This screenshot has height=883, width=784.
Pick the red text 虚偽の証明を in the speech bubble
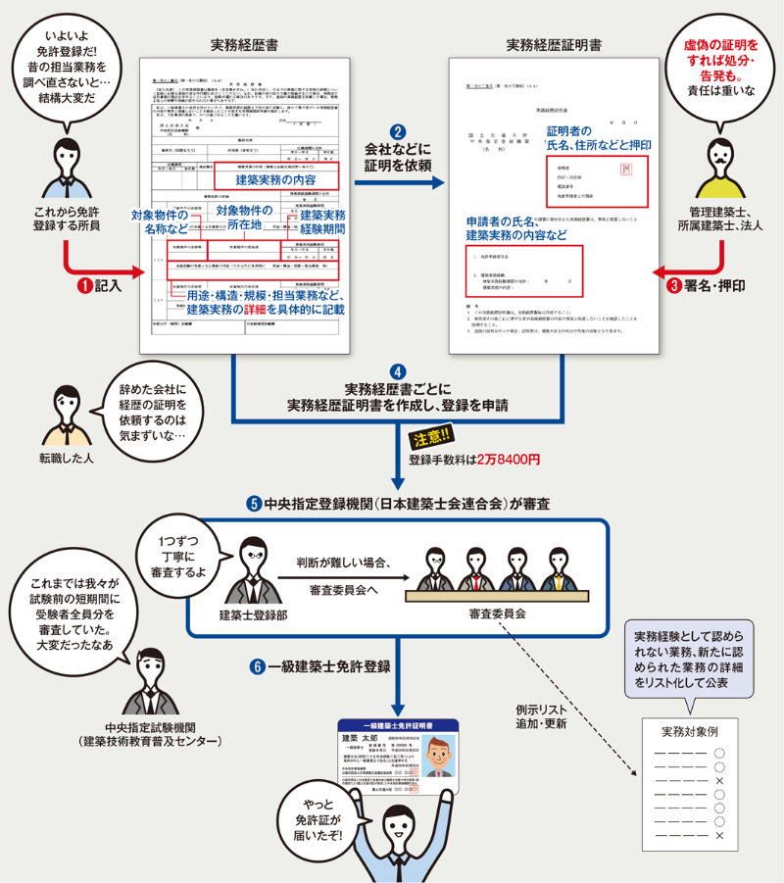723,46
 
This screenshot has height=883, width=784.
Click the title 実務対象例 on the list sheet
689,731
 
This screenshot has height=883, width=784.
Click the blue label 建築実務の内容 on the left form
276,181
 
